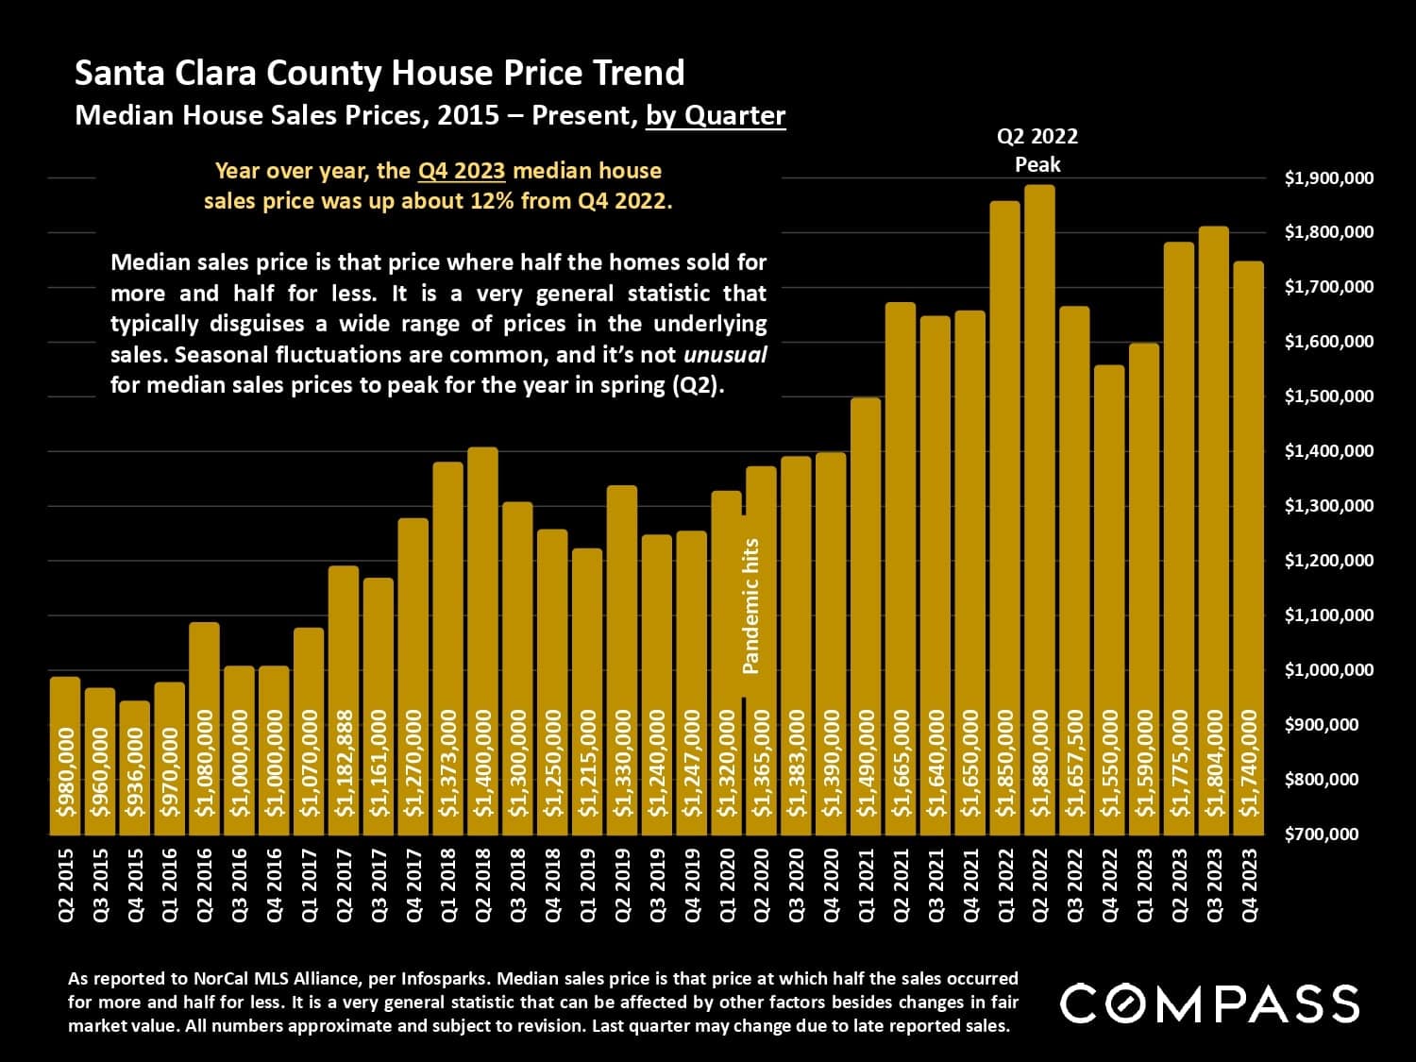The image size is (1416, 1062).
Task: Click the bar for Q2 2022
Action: (x=1039, y=510)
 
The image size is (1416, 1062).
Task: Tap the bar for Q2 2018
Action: (x=483, y=641)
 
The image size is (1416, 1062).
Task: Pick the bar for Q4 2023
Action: (x=1249, y=548)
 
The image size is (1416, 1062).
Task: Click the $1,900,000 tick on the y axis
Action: (x=1329, y=178)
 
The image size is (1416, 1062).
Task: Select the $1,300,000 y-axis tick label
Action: (x=1329, y=506)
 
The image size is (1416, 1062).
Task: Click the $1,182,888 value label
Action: (x=344, y=763)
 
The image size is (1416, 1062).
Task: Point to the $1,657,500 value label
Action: (x=1074, y=763)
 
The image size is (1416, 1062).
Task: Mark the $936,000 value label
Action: (x=135, y=772)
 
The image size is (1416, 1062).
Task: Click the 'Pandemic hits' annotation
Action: (x=751, y=605)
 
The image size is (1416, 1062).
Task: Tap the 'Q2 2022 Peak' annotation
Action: (x=1037, y=150)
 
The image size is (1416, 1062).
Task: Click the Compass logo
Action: (x=1209, y=1003)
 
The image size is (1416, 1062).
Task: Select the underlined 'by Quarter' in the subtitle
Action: (x=716, y=115)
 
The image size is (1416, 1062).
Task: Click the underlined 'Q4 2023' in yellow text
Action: (x=462, y=171)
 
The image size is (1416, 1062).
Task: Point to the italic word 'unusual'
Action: (x=725, y=355)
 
